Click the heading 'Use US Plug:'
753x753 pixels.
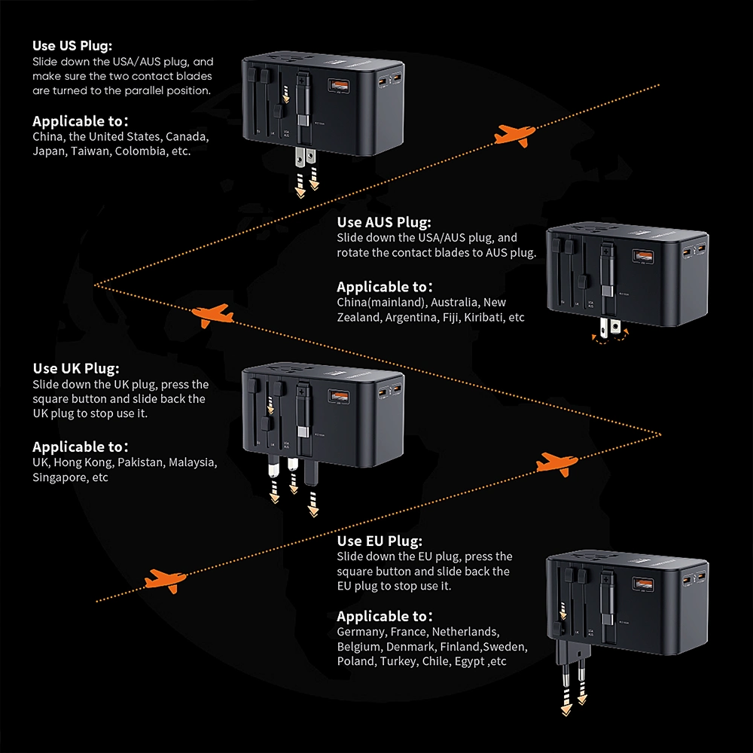73,45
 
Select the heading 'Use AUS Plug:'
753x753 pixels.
384,221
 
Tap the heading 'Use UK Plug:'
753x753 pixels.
75,368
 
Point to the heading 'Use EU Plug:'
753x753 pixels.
380,541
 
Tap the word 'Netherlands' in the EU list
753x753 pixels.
464,632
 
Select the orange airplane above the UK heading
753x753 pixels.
212,314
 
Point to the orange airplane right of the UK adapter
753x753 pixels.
557,462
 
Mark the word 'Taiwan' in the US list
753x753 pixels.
93,151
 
